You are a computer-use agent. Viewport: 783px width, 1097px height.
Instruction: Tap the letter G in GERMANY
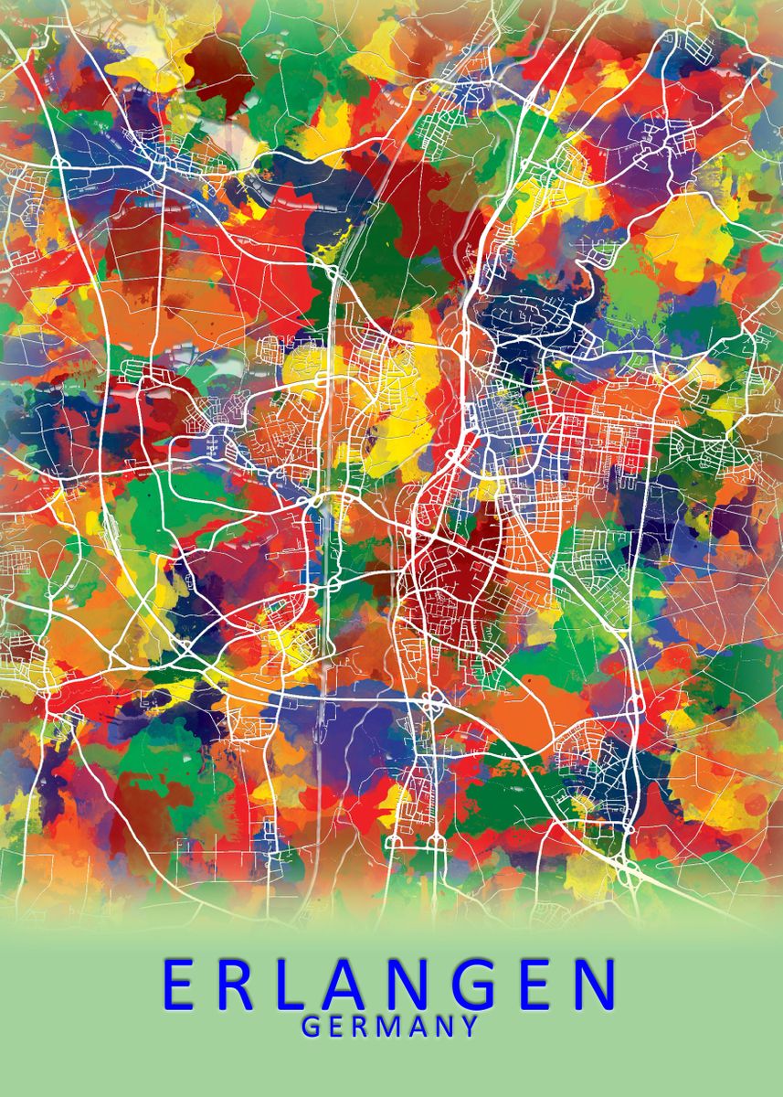coord(311,1027)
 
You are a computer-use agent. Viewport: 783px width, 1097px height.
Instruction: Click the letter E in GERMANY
coord(335,1027)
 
